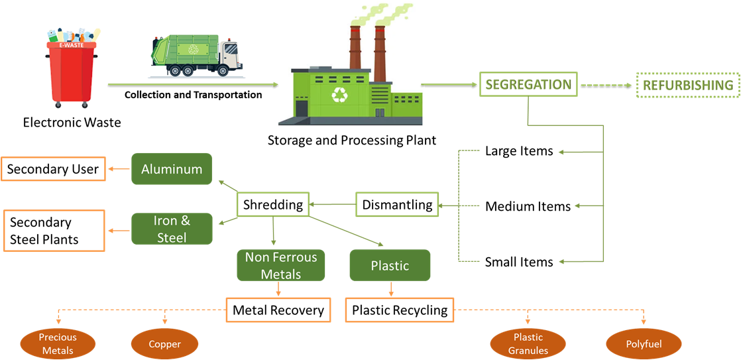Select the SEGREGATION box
[528, 85]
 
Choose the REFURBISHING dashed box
[688, 86]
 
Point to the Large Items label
[519, 151]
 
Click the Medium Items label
[528, 206]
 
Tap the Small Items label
[519, 262]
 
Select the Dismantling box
[398, 204]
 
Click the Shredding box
[273, 204]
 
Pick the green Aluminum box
[172, 169]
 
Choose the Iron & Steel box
[172, 229]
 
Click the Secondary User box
[53, 169]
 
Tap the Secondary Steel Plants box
[53, 231]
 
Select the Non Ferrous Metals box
[281, 265]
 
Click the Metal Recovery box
[278, 310]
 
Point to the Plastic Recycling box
[400, 310]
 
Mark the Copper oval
[164, 344]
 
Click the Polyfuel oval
[644, 344]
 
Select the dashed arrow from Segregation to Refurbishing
[606, 86]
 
